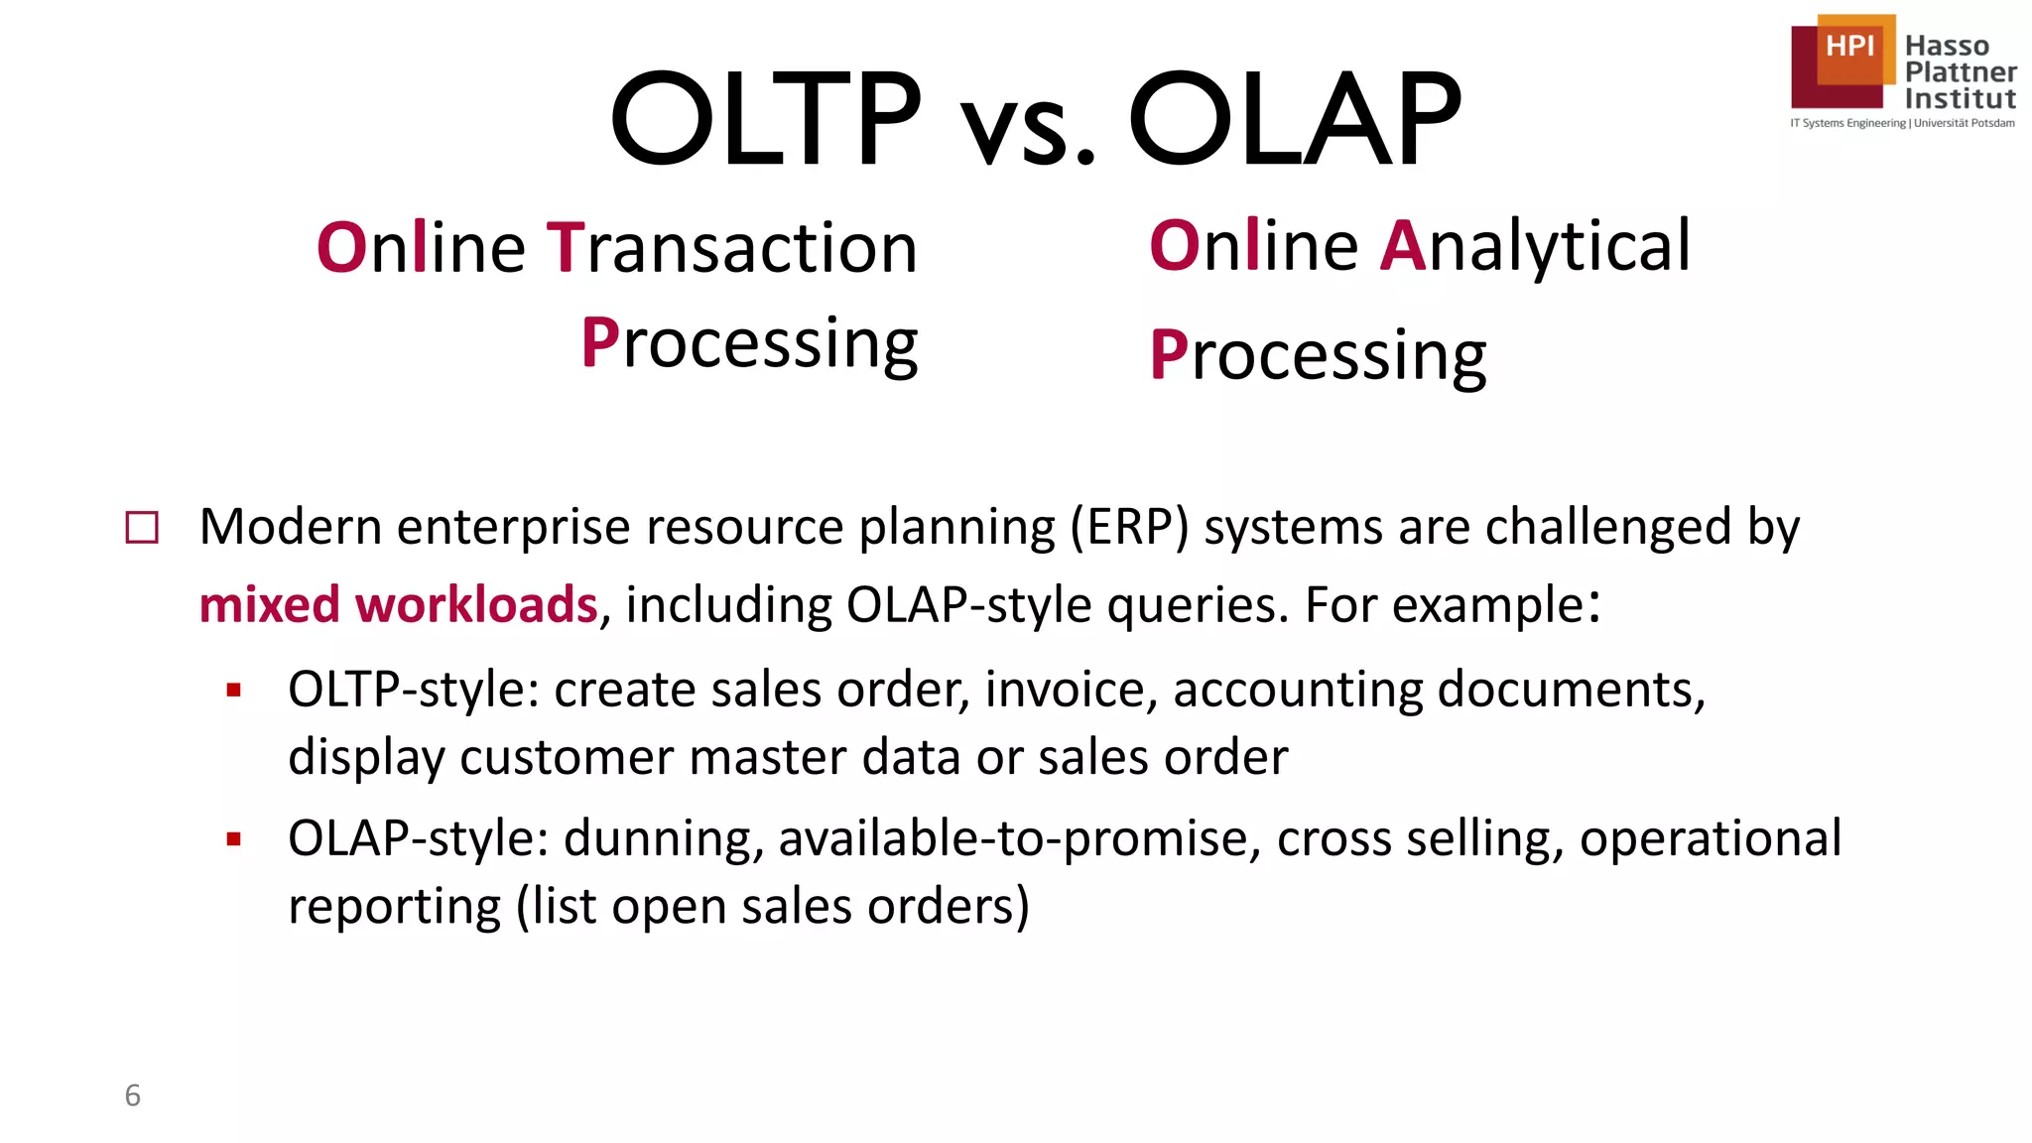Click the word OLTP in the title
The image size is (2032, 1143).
pyautogui.click(x=765, y=119)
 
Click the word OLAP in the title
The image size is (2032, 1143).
pyautogui.click(x=1294, y=119)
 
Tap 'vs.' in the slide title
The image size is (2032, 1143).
pyautogui.click(x=1027, y=129)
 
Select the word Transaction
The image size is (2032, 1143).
pyautogui.click(x=732, y=248)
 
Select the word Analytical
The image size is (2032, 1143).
pyautogui.click(x=1535, y=246)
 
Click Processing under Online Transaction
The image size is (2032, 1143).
pyautogui.click(x=749, y=343)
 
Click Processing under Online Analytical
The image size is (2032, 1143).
pyautogui.click(x=1318, y=355)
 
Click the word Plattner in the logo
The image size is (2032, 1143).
pyautogui.click(x=1961, y=72)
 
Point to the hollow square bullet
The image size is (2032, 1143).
pyautogui.click(x=142, y=528)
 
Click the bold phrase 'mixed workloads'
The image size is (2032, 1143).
pyautogui.click(x=398, y=605)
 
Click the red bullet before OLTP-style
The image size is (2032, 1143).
pyautogui.click(x=234, y=691)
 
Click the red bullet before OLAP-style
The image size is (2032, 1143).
pyautogui.click(x=234, y=839)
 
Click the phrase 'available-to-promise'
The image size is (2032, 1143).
pyautogui.click(x=1019, y=838)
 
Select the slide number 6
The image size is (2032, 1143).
pyautogui.click(x=132, y=1095)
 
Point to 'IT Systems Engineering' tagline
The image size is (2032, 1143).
pyautogui.click(x=1847, y=123)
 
